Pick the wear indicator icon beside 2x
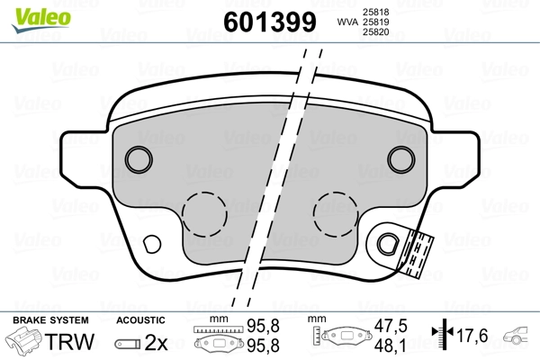click(x=129, y=342)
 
